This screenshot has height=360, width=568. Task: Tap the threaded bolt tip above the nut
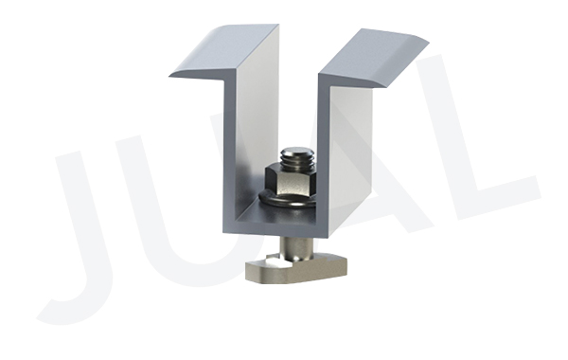296,158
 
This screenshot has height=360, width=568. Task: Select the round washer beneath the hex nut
286,202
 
